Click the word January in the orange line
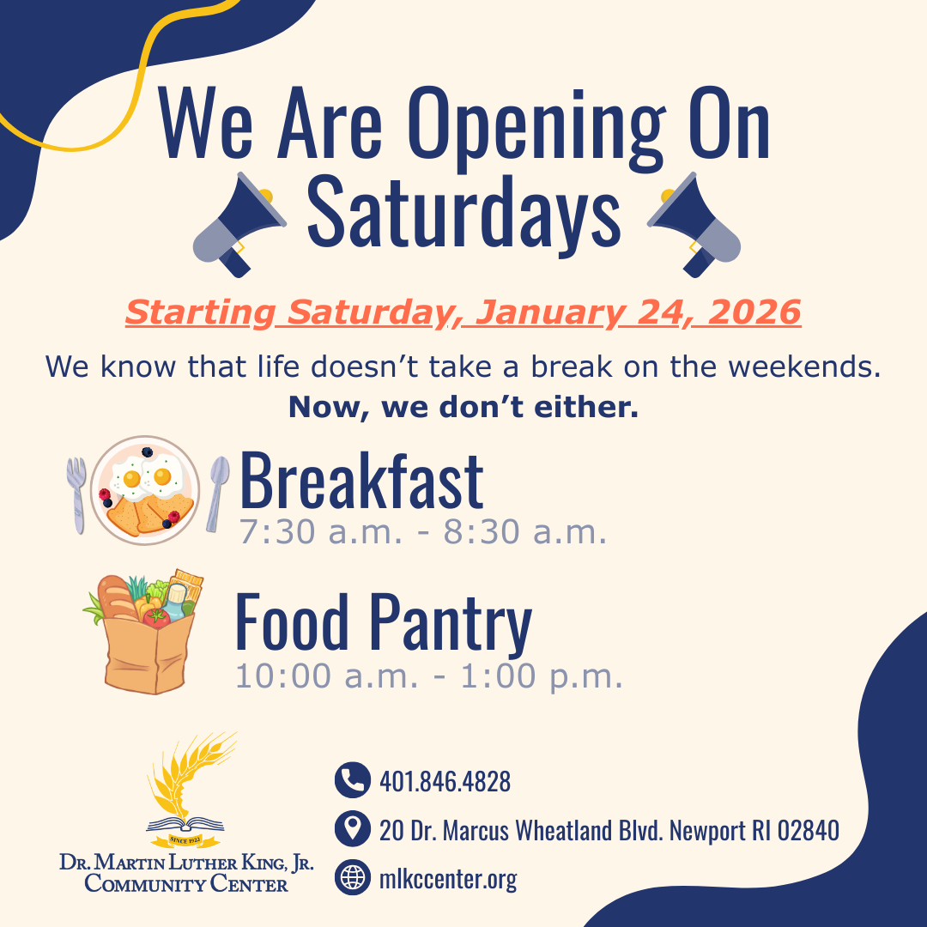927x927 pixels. pyautogui.click(x=558, y=312)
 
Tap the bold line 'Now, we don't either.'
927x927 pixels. pyautogui.click(x=463, y=407)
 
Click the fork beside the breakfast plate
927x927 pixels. pyautogui.click(x=77, y=494)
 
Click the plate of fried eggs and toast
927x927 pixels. pyautogui.click(x=145, y=490)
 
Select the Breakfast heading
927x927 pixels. pyautogui.click(x=361, y=482)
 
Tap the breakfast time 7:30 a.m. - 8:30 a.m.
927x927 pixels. pyautogui.click(x=423, y=533)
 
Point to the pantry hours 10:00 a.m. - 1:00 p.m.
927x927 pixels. pyautogui.click(x=428, y=676)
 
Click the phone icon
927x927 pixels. pyautogui.click(x=352, y=780)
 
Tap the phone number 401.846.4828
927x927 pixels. pyautogui.click(x=445, y=781)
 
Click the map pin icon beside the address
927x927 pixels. pyautogui.click(x=352, y=830)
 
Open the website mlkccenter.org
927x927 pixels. pyautogui.click(x=448, y=879)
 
